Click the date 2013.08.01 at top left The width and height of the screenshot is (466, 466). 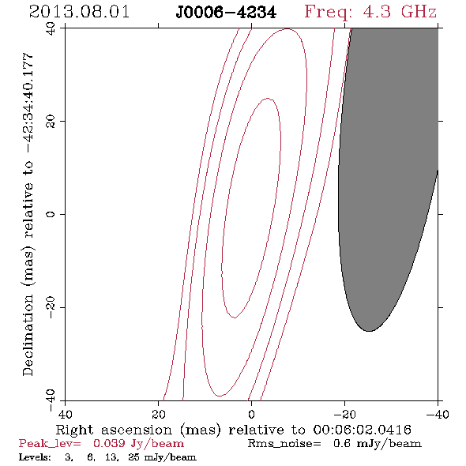[79, 12]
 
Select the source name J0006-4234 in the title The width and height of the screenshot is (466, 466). [226, 13]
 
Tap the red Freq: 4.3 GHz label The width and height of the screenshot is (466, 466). [370, 12]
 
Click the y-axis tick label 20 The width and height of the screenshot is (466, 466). [51, 122]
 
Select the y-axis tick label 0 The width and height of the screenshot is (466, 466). [51, 214]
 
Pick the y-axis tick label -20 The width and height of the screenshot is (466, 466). [51, 307]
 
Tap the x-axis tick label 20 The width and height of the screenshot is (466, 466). [159, 415]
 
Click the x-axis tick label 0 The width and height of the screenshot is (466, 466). [252, 415]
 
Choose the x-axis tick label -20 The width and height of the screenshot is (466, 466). [344, 415]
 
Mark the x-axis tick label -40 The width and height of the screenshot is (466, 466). [438, 415]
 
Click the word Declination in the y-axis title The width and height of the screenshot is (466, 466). [28, 335]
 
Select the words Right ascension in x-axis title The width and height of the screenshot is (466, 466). [114, 430]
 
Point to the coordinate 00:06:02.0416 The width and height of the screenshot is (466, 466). [362, 430]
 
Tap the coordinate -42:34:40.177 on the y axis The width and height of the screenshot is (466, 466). [28, 103]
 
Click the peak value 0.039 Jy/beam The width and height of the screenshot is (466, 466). [138, 444]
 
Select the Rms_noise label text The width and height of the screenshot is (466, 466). [284, 444]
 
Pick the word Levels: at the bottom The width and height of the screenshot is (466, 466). [35, 457]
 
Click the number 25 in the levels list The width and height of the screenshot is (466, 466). [133, 457]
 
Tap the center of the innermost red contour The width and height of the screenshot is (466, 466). [251, 208]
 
